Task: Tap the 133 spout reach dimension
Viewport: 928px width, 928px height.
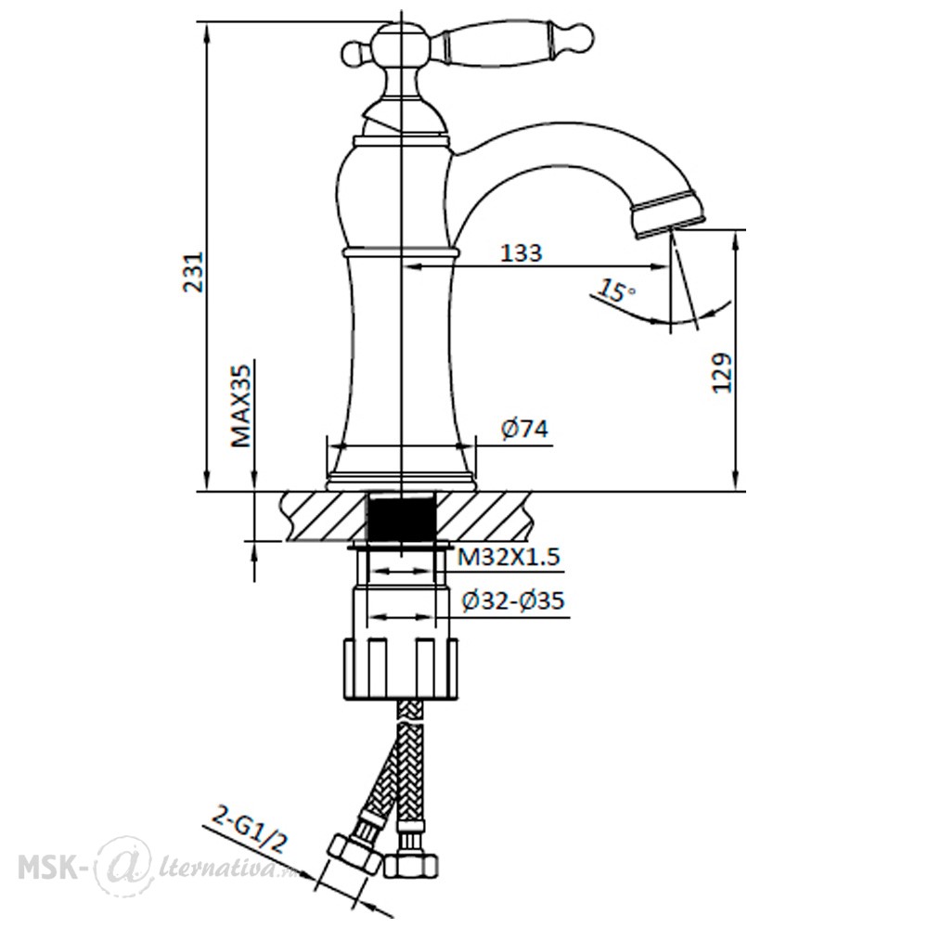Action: point(522,252)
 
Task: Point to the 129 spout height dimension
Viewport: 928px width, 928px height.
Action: point(721,373)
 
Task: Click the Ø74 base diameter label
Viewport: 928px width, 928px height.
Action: point(524,429)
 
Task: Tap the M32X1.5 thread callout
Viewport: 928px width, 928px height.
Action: point(509,558)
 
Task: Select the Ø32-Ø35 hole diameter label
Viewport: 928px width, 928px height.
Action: point(512,601)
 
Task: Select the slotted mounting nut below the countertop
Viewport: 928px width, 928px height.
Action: point(401,668)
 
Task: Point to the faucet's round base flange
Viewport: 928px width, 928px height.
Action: point(401,481)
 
